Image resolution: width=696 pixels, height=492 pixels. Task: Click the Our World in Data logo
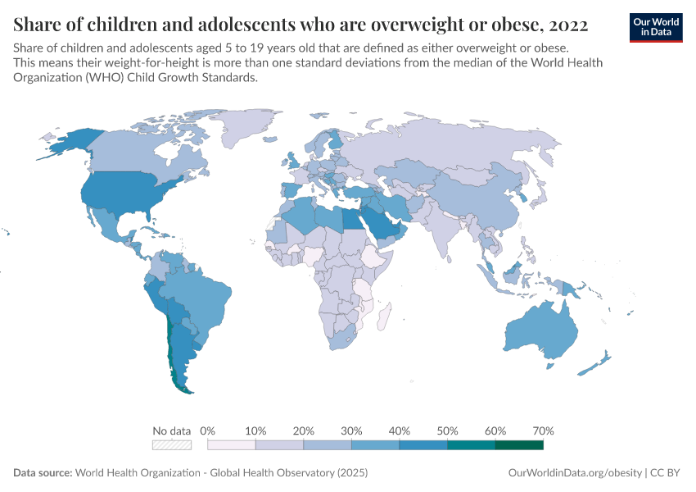[x=656, y=27]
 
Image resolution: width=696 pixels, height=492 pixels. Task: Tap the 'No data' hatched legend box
[x=171, y=445]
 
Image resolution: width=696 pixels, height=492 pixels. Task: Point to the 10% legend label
[x=255, y=430]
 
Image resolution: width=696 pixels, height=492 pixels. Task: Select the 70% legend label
[x=543, y=430]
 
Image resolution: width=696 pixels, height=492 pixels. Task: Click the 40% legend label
[x=400, y=430]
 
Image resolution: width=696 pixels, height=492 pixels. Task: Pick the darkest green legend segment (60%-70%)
[x=519, y=445]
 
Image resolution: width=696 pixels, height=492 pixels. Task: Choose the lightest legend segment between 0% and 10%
[x=232, y=445]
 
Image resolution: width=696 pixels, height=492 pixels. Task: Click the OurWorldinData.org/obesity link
[x=576, y=473]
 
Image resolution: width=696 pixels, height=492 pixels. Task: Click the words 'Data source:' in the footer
[x=43, y=473]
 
